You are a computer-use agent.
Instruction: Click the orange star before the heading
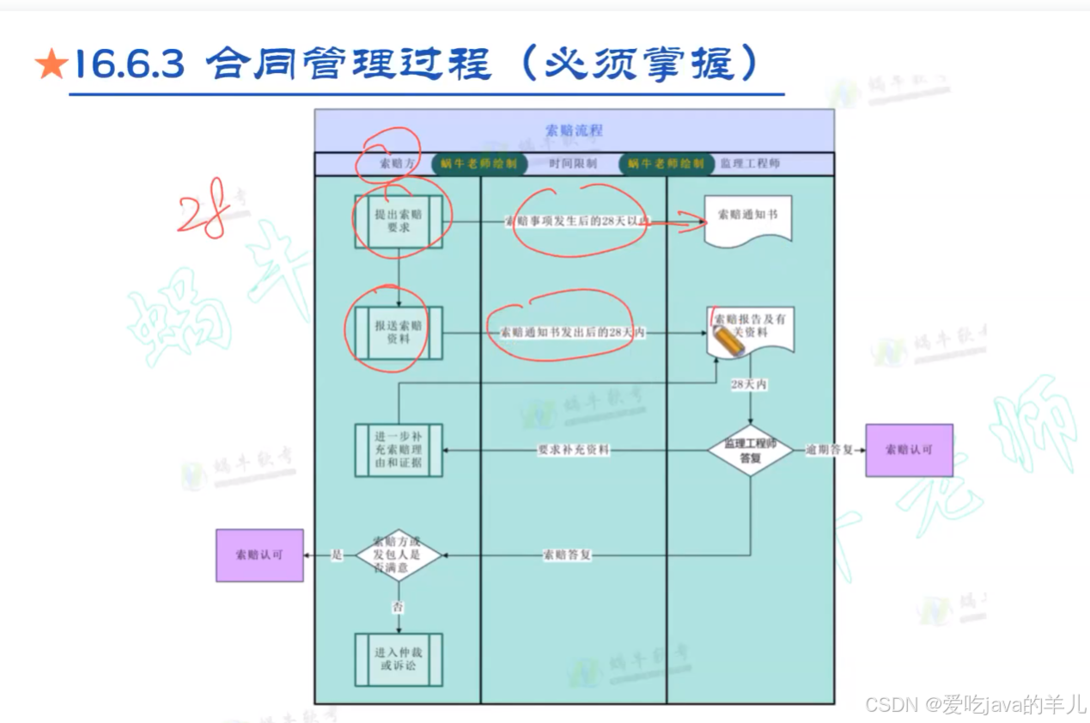(x=51, y=65)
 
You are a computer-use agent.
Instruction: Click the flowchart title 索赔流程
(x=574, y=131)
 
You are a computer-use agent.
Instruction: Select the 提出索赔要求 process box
(x=399, y=222)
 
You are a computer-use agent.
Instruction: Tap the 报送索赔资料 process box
(x=399, y=333)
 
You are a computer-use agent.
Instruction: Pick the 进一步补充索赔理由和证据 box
(x=399, y=450)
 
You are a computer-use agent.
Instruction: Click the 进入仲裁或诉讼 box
(x=399, y=659)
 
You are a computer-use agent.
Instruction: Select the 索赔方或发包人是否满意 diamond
(x=399, y=555)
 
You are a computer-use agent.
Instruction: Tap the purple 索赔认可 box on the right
(x=909, y=450)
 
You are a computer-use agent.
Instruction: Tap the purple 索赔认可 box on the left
(x=259, y=555)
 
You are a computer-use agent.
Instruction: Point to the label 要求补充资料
(x=573, y=450)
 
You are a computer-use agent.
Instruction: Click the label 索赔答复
(x=567, y=555)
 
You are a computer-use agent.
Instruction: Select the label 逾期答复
(x=829, y=450)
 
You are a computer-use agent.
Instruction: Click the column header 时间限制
(x=573, y=163)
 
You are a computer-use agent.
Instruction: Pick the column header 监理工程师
(x=750, y=163)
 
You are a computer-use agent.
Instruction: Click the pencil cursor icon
(x=728, y=340)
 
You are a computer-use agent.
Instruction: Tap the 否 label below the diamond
(x=399, y=608)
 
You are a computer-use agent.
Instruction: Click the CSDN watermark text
(x=975, y=706)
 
